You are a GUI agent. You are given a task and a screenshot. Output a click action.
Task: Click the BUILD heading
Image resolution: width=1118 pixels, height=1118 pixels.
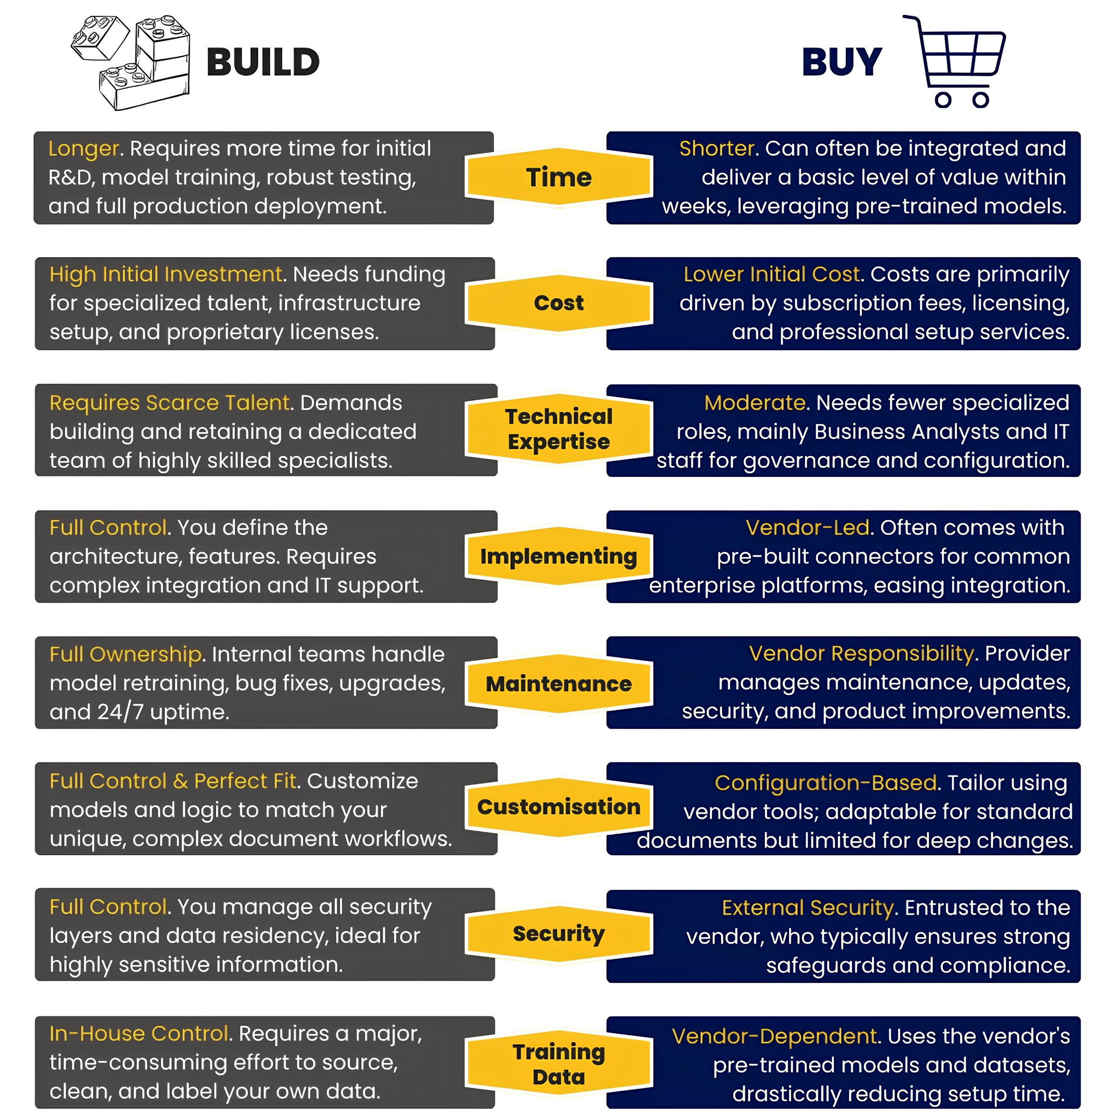263,62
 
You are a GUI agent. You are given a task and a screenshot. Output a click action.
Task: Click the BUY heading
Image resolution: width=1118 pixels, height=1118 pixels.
842,62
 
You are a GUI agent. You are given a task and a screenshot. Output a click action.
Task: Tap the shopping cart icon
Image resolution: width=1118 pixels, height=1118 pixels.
954,61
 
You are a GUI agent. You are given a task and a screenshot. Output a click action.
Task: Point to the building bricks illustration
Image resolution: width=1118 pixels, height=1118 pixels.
130,62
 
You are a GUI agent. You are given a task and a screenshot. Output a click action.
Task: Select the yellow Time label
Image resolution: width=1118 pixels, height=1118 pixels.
559,177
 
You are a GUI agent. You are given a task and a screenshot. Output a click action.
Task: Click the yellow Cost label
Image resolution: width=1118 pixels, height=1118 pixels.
559,303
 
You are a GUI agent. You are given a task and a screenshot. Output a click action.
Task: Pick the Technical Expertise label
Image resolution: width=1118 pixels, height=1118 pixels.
559,429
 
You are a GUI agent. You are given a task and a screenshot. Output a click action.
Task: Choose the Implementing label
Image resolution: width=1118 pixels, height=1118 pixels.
559,556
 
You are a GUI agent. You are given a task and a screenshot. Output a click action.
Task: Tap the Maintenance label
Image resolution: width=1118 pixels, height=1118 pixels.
559,683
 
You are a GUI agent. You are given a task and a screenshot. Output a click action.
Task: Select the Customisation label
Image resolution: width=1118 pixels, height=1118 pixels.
559,807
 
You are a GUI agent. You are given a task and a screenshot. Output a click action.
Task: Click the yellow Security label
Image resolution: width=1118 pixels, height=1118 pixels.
559,934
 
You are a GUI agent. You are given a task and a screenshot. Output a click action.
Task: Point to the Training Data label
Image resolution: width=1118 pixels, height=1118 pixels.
559,1063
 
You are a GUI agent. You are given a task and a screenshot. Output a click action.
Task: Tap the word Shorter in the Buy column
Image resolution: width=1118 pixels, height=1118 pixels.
717,149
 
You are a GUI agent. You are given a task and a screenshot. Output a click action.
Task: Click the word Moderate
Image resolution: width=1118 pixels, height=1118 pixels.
755,403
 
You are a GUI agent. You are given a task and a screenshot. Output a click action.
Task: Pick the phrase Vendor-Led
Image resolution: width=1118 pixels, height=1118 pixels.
807,528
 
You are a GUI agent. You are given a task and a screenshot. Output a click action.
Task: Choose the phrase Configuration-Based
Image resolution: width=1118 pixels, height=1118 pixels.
825,783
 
